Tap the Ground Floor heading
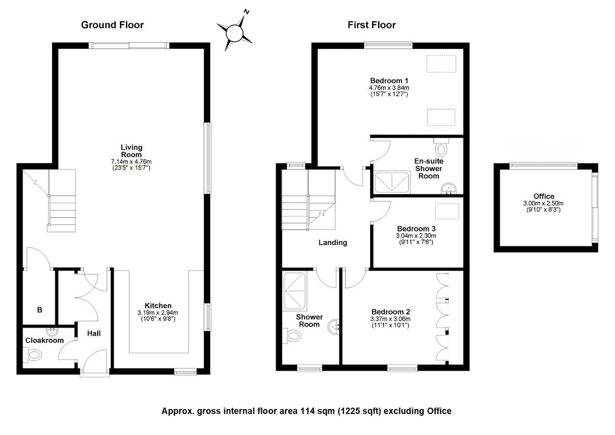(x=112, y=25)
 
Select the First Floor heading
(x=372, y=25)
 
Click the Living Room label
(x=132, y=151)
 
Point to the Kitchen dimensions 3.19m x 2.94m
(x=158, y=313)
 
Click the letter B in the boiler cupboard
(x=39, y=310)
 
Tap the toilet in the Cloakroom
(x=32, y=355)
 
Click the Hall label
(x=94, y=333)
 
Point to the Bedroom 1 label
(x=389, y=81)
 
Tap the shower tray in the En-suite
(x=392, y=182)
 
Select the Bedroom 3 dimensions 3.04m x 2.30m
(x=416, y=236)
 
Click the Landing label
(x=333, y=242)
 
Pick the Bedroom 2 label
(x=391, y=312)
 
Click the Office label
(x=544, y=196)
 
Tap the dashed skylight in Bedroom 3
(x=447, y=211)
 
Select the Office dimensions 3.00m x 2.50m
(x=543, y=203)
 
